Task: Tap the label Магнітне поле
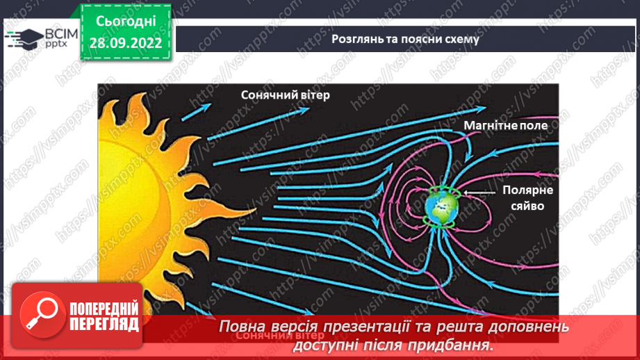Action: [x=505, y=126]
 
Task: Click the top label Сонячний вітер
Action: [x=286, y=95]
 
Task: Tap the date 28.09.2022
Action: [x=125, y=42]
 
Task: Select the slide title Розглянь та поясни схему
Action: [x=405, y=39]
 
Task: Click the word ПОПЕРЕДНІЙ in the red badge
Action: [x=104, y=309]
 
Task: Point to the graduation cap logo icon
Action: [x=23, y=37]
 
